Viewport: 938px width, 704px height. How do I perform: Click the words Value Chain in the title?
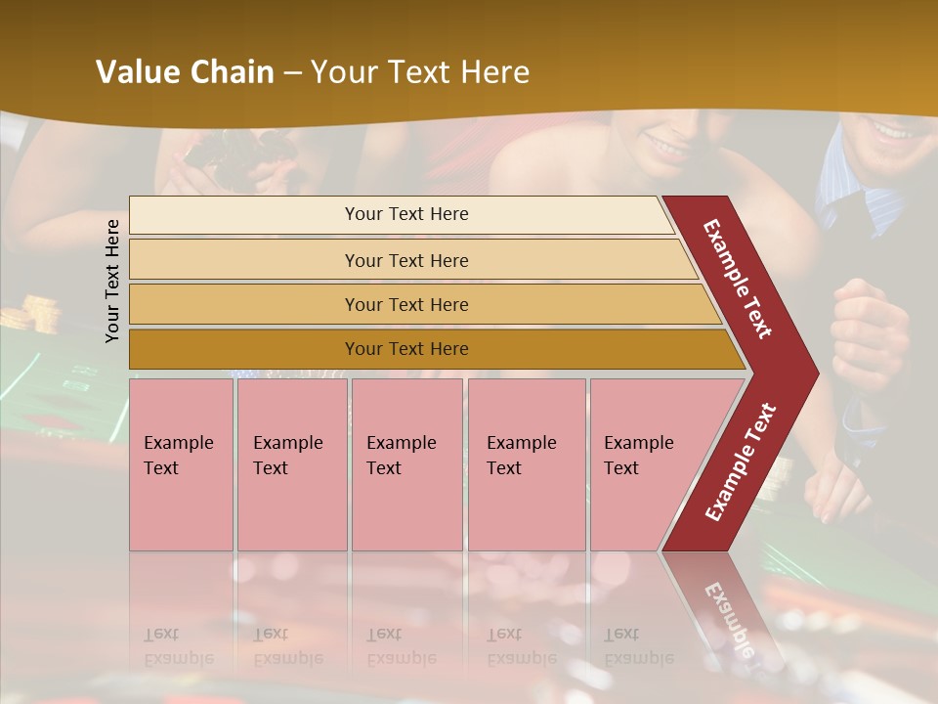pos(185,72)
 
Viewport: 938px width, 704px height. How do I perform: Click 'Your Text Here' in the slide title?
pos(420,72)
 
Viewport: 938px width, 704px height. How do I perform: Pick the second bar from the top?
pos(405,260)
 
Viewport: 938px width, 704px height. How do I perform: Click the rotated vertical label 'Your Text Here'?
pos(112,281)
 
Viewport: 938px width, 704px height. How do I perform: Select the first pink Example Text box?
pos(181,463)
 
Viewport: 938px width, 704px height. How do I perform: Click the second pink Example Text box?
pos(291,463)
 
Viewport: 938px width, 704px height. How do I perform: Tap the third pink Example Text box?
pos(405,463)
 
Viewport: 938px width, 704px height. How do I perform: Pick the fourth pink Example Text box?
pos(526,463)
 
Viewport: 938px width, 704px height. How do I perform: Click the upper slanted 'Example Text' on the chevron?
pos(738,278)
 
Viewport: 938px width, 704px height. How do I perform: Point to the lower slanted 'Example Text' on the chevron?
pos(740,462)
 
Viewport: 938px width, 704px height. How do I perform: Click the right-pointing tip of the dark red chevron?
pos(813,373)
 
